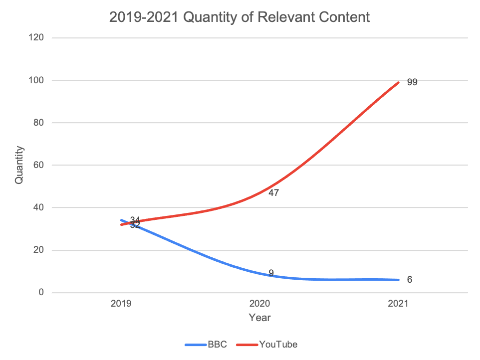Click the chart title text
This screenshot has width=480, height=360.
pyautogui.click(x=240, y=17)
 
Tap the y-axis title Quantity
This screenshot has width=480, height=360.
pyautogui.click(x=19, y=165)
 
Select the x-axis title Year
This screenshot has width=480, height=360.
pyautogui.click(x=259, y=317)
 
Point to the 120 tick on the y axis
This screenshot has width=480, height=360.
pyautogui.click(x=38, y=38)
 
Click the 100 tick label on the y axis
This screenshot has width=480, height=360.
pyautogui.click(x=38, y=80)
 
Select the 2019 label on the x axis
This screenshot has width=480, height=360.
pyautogui.click(x=121, y=303)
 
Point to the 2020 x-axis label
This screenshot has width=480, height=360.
pyautogui.click(x=259, y=303)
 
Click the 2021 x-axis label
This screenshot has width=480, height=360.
pyautogui.click(x=399, y=303)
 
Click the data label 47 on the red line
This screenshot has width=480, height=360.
pyautogui.click(x=273, y=192)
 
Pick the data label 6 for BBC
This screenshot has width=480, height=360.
pyautogui.click(x=410, y=280)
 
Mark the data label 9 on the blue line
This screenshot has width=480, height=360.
pyautogui.click(x=271, y=273)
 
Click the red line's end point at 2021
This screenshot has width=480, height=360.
pyautogui.click(x=399, y=82)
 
